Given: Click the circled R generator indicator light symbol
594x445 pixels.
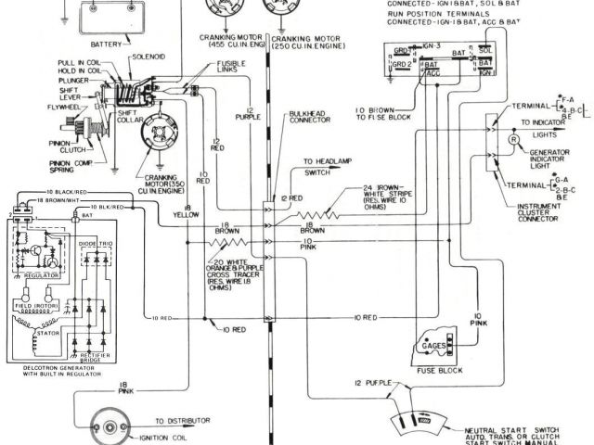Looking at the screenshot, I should click(x=511, y=138).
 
